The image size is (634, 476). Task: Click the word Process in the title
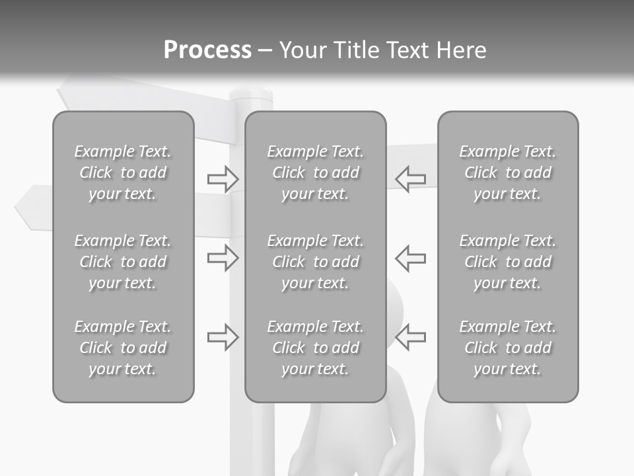207,50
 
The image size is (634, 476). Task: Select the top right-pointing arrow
223,178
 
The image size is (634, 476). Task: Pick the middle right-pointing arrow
223,258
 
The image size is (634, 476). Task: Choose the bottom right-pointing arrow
223,337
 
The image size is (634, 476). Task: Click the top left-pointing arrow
411,178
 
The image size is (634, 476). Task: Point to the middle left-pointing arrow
411,258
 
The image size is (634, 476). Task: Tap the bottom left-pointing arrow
411,337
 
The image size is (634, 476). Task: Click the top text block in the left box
123,173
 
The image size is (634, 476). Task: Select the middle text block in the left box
123,262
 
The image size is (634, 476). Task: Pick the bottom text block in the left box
123,348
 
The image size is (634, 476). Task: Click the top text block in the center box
316,173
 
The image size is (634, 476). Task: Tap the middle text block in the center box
316,262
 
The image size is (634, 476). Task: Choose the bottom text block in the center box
316,348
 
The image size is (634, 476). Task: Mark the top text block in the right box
508,173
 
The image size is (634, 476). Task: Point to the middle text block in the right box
508,262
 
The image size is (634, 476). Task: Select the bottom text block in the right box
508,348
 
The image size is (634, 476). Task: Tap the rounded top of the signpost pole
250,95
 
